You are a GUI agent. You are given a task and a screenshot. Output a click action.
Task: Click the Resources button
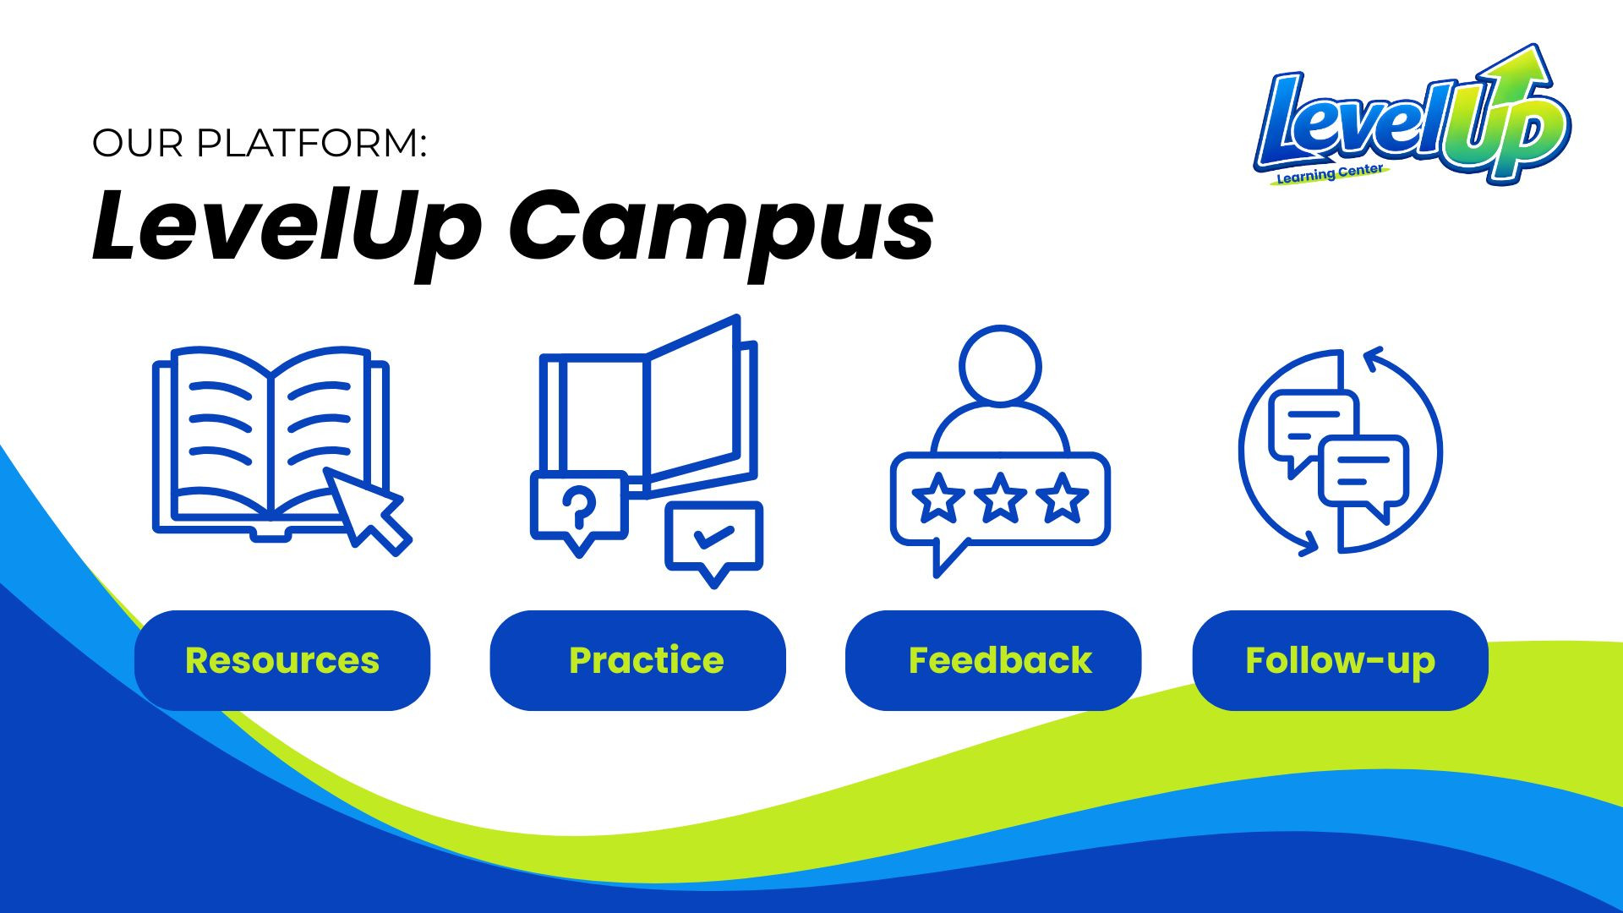pyautogui.click(x=282, y=660)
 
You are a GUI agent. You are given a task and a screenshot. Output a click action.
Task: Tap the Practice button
pyautogui.click(x=638, y=660)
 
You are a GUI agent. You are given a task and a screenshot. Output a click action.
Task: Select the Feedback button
pyautogui.click(x=993, y=660)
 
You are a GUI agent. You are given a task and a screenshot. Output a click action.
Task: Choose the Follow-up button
pyautogui.click(x=1340, y=660)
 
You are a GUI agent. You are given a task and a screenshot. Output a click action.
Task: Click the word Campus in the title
pyautogui.click(x=721, y=227)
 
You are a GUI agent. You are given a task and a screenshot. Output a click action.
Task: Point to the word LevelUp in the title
pyautogui.click(x=287, y=227)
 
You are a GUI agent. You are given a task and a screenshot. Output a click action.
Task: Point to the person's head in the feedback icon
pyautogui.click(x=1000, y=365)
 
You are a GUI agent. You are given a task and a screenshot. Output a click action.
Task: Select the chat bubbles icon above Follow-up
pyautogui.click(x=1340, y=452)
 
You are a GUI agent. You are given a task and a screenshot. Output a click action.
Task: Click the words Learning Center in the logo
pyautogui.click(x=1329, y=174)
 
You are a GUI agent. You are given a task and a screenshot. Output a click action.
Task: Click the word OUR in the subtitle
pyautogui.click(x=137, y=143)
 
